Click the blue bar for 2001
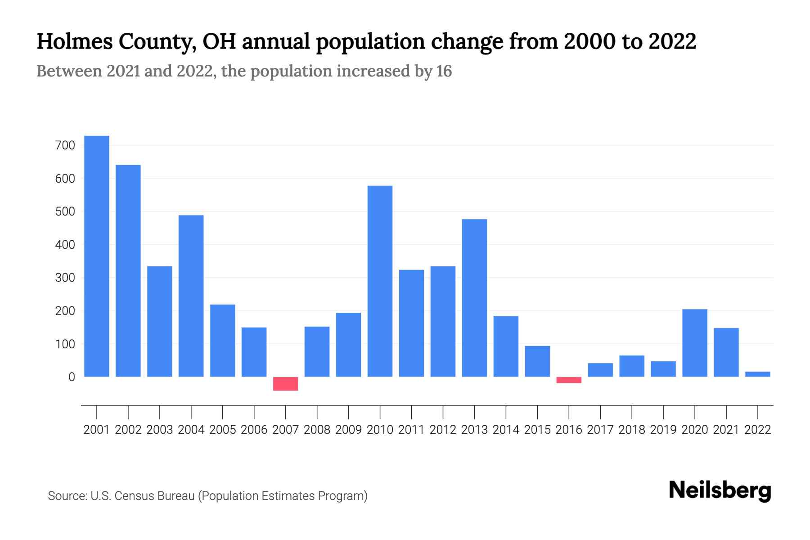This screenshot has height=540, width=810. [x=97, y=256]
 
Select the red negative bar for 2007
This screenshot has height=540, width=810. [x=285, y=384]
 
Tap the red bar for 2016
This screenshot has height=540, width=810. [x=569, y=380]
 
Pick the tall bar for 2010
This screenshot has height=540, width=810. [x=380, y=281]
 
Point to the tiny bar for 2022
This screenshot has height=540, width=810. [x=758, y=374]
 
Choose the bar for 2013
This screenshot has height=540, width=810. [x=474, y=298]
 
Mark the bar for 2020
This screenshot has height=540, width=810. [x=695, y=343]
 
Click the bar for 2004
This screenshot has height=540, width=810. [x=191, y=296]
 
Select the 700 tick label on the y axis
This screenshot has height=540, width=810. [x=65, y=145]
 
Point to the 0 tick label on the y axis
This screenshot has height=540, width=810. [x=72, y=377]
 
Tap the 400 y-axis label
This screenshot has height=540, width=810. [x=65, y=245]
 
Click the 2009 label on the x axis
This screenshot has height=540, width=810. [x=348, y=430]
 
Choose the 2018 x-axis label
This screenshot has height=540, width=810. [x=632, y=430]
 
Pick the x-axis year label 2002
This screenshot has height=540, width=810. [x=128, y=430]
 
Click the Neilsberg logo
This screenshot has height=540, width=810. [x=720, y=490]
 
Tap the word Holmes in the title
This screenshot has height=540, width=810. [x=74, y=41]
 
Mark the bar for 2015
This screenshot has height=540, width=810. [x=537, y=361]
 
